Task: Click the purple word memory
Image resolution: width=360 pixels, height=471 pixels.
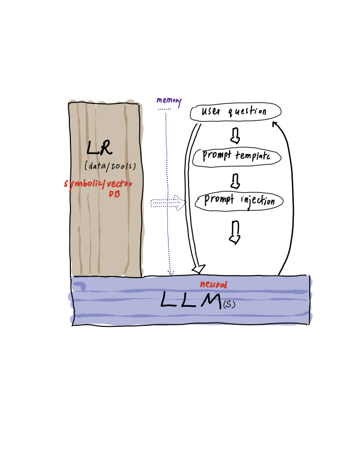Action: (x=169, y=101)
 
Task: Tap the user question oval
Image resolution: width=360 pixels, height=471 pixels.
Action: (x=236, y=112)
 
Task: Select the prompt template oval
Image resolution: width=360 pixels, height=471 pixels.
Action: (x=237, y=157)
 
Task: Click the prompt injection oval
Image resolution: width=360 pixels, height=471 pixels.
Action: (x=239, y=201)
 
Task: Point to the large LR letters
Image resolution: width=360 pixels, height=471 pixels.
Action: (x=100, y=148)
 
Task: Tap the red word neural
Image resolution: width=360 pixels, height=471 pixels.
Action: (x=213, y=285)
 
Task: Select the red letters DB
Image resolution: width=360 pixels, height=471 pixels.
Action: (x=114, y=194)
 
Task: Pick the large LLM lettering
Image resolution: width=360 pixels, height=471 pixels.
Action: (x=191, y=300)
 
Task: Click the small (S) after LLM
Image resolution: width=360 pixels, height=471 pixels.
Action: (x=229, y=305)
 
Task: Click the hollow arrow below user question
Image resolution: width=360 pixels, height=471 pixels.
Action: (x=235, y=136)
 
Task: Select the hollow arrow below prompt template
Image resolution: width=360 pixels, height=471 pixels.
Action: (x=235, y=181)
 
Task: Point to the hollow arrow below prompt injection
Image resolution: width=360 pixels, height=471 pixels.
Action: (x=235, y=232)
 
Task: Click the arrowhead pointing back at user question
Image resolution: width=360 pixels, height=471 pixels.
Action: (x=274, y=123)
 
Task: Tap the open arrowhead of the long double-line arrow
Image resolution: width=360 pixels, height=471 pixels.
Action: (x=199, y=269)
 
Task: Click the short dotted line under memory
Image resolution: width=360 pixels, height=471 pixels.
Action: (x=164, y=109)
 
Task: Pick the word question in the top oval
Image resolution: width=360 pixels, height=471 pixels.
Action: (x=247, y=112)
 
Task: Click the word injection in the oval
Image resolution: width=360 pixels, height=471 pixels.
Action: (x=258, y=201)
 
